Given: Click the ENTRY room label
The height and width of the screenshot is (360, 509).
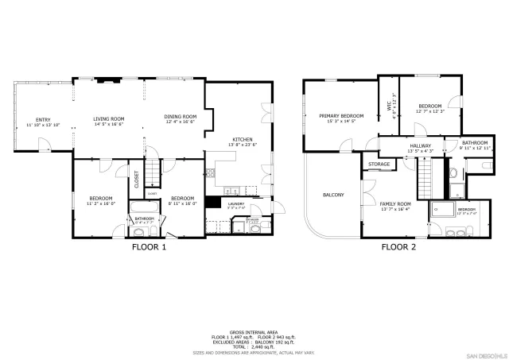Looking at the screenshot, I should pos(37,122).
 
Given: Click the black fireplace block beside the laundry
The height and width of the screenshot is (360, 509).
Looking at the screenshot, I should pos(212,202).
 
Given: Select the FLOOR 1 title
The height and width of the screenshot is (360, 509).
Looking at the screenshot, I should pos(149,247).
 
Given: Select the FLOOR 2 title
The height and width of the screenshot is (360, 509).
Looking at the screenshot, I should pos(398,247).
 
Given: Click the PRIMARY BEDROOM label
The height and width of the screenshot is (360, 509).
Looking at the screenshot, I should pos(341,118).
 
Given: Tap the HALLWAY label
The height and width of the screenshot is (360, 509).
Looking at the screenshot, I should pos(420,147).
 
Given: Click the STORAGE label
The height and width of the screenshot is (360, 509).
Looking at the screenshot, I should pos(379,165).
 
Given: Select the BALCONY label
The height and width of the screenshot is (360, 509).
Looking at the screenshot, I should pos(332,195).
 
